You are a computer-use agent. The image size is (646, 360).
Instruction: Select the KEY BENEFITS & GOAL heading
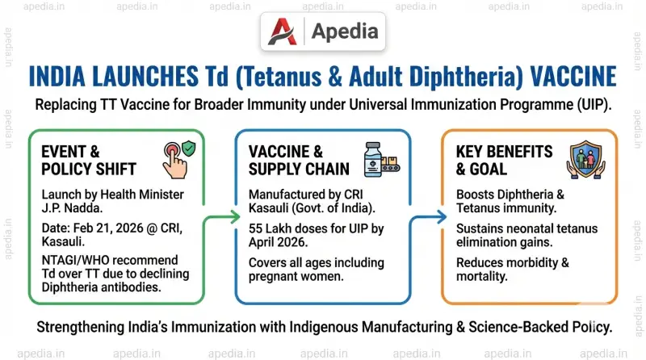pyautogui.click(x=505, y=160)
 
